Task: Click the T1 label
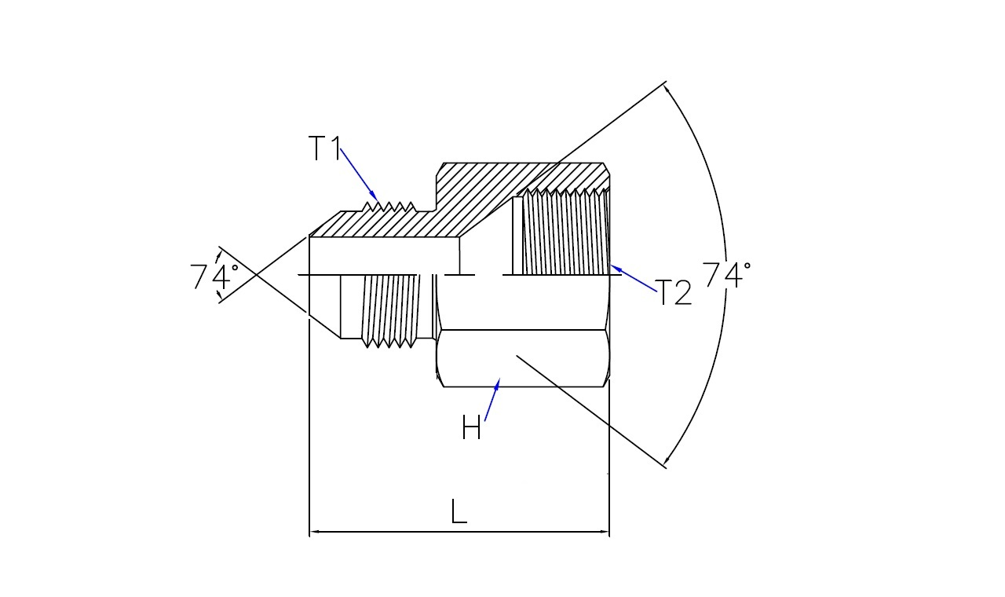[x=324, y=148]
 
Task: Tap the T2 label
[x=673, y=293]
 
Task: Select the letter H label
[x=471, y=429]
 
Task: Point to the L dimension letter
[x=459, y=511]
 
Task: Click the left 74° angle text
[x=214, y=277]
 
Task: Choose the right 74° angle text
[x=725, y=276]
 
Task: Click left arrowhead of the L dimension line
[x=313, y=533]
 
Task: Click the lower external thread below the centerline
[x=388, y=309]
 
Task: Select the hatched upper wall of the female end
[x=526, y=174]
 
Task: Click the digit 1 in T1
[x=335, y=148]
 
